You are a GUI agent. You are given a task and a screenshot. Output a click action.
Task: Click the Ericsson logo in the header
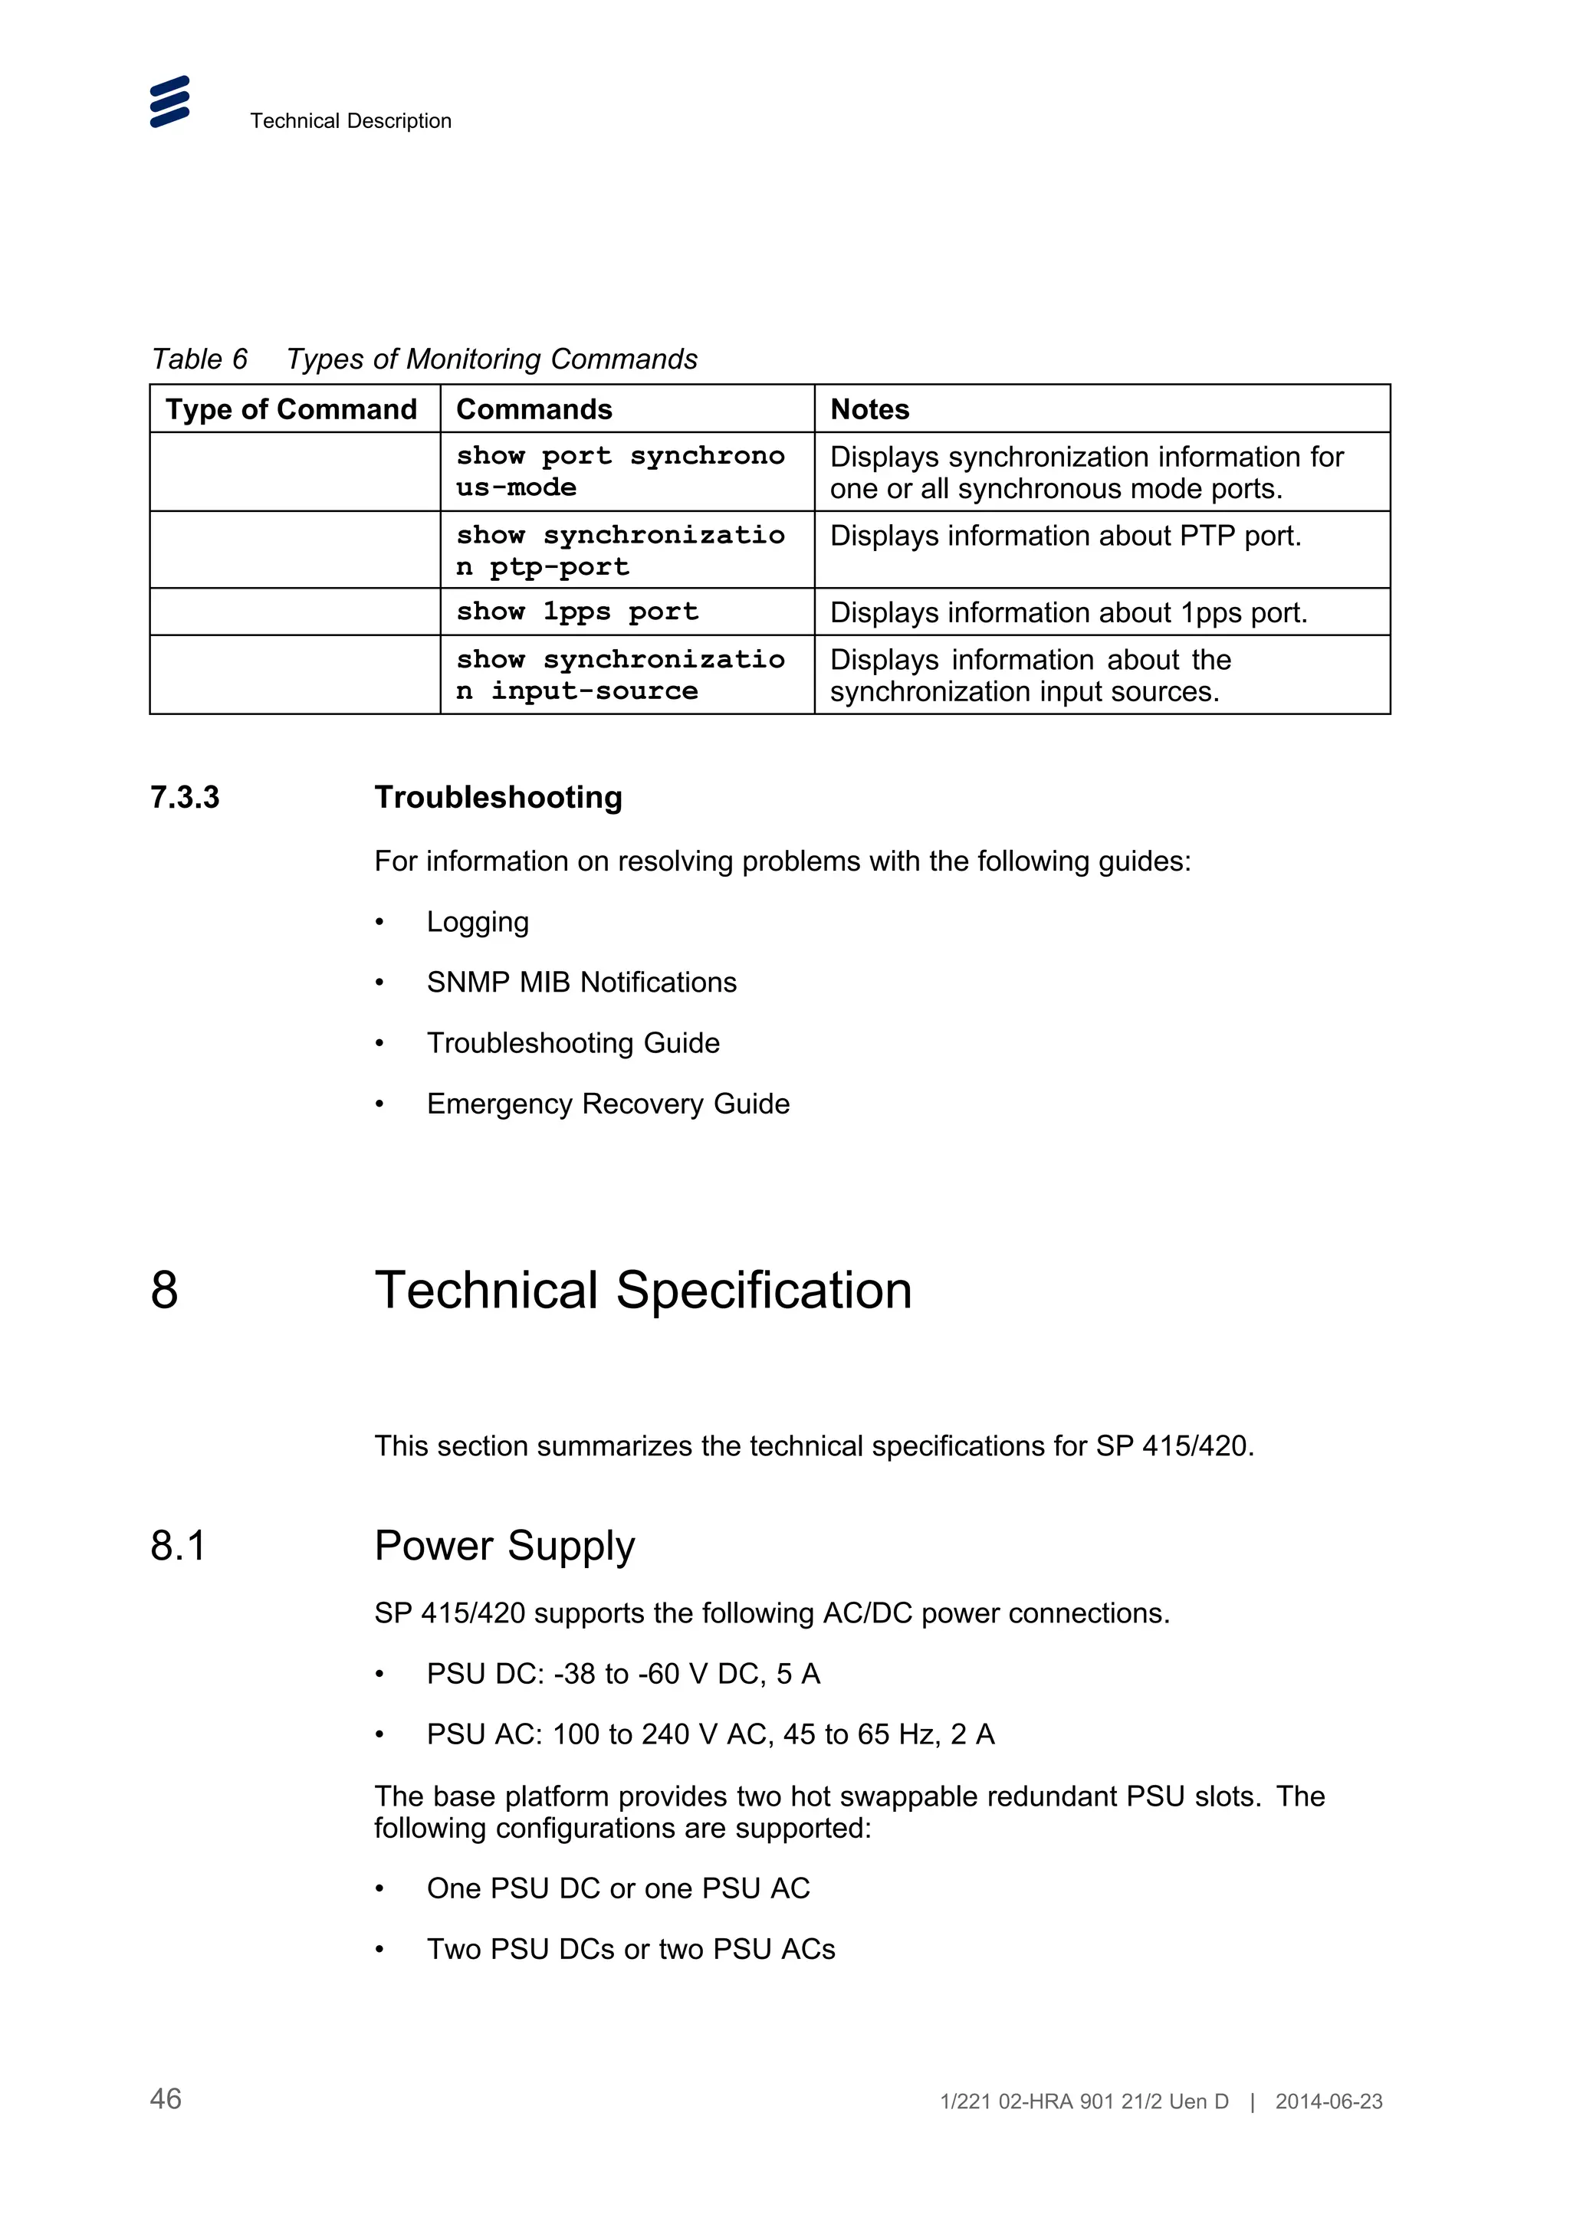169,102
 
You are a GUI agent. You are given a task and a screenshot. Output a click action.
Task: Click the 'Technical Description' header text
350,121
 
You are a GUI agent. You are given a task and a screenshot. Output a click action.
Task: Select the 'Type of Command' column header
291,409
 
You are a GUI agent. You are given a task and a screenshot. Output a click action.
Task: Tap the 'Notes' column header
869,409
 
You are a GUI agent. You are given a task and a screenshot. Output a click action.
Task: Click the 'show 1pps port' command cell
576,612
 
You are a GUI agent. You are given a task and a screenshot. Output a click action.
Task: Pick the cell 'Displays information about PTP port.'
1065,536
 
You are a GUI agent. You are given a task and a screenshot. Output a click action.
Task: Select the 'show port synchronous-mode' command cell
619,471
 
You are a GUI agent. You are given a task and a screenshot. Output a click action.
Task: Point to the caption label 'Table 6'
199,359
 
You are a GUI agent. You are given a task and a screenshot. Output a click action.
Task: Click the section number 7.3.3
185,797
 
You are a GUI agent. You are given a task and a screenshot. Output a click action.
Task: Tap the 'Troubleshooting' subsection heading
498,797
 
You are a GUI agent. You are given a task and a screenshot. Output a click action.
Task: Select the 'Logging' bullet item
477,922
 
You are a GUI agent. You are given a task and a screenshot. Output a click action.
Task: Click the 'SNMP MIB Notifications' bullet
580,983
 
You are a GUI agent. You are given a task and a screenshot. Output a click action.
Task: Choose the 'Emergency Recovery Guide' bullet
607,1104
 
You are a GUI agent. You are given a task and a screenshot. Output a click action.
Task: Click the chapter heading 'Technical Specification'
643,1291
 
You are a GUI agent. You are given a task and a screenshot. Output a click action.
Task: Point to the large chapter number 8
165,1291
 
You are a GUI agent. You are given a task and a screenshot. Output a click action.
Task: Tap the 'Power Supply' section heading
504,1546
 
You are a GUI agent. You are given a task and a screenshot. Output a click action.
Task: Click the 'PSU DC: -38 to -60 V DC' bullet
623,1675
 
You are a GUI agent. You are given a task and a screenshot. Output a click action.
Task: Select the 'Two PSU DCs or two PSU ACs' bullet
631,1949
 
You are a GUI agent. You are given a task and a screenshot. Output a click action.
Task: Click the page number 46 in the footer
166,2099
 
